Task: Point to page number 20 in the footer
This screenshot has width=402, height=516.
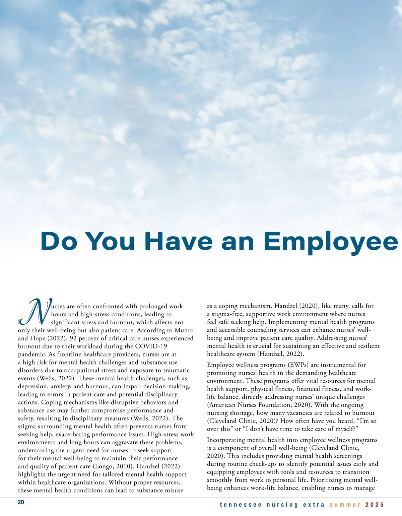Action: [21, 502]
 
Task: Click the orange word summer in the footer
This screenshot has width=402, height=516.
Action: [345, 505]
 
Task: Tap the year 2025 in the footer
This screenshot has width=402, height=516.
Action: [375, 505]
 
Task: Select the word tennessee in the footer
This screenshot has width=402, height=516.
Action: [241, 505]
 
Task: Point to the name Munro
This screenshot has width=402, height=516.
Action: [184, 330]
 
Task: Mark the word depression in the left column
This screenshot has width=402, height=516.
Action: [33, 386]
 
